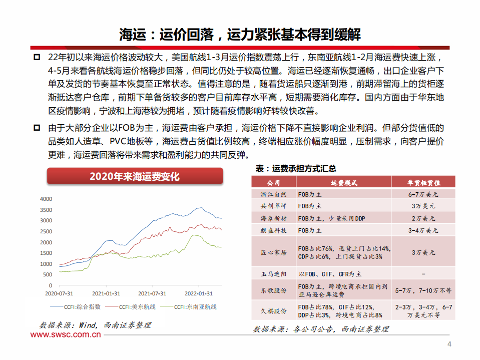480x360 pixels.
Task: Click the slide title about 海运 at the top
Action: (x=240, y=34)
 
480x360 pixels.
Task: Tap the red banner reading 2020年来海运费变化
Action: (x=134, y=176)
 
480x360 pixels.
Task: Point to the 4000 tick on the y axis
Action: (x=46, y=199)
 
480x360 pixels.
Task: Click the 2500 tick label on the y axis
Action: (x=46, y=231)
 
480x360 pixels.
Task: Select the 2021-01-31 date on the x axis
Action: (x=106, y=293)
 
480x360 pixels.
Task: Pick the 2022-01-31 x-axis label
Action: (x=199, y=293)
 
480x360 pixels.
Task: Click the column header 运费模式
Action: (x=344, y=183)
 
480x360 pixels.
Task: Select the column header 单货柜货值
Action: (x=423, y=183)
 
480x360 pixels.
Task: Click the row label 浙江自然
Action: (x=274, y=193)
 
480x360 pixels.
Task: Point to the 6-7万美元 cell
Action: (x=423, y=193)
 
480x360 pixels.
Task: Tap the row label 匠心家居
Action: (x=274, y=253)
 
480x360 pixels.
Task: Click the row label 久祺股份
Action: (x=274, y=311)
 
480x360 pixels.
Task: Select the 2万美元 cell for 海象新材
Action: (x=423, y=218)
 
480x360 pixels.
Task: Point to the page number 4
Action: (x=449, y=344)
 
